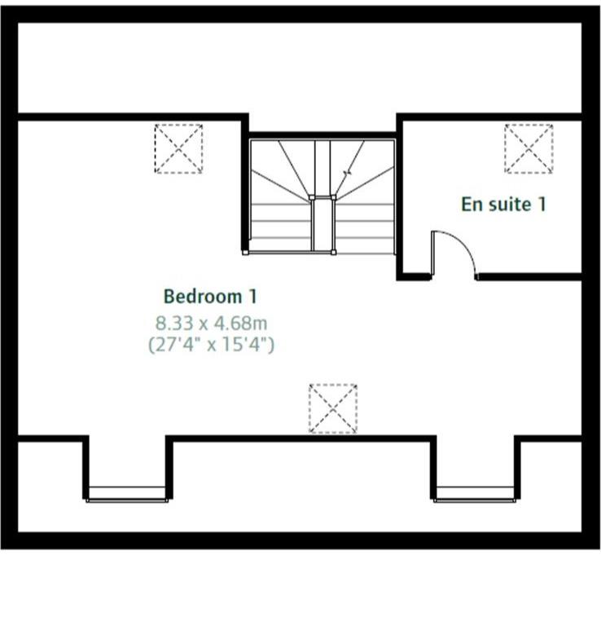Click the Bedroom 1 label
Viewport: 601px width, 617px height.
210,296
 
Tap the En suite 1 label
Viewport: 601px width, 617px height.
503,204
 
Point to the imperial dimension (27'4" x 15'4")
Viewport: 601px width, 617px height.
211,345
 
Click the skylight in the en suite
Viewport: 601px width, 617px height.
529,148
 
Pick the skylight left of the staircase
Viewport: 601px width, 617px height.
178,148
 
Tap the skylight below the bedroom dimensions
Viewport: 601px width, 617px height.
333,408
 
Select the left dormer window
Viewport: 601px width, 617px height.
127,494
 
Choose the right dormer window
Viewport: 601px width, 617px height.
475,494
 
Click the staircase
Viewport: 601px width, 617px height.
322,196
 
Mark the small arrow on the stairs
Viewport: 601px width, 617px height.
348,173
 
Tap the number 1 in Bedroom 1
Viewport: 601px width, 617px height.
252,296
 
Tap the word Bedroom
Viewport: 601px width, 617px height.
202,296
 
